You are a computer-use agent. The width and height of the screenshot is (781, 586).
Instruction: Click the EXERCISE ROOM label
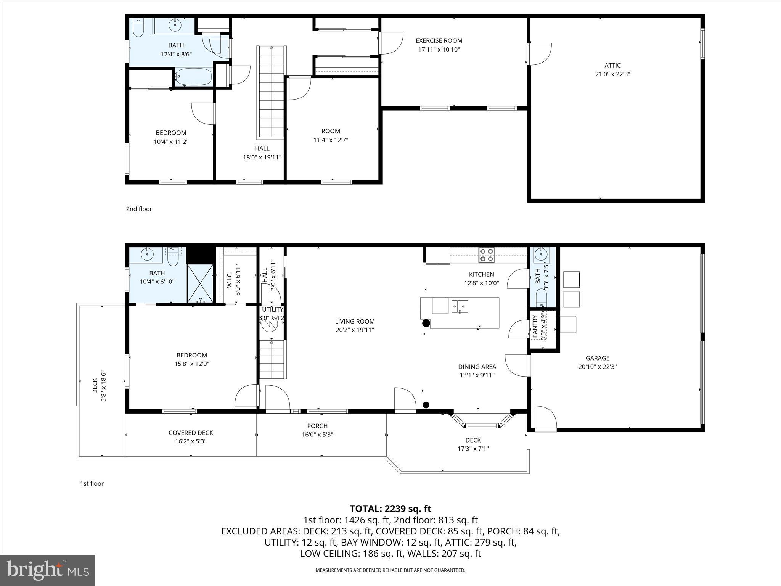point(439,40)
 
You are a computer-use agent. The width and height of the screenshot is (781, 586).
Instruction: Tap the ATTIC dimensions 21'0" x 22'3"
point(612,74)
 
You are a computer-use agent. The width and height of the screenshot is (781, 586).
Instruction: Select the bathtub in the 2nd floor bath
point(194,77)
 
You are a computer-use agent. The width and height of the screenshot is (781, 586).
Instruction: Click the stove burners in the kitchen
point(487,255)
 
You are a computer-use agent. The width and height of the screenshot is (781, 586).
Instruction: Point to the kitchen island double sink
point(460,306)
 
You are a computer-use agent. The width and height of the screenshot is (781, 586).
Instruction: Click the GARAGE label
point(597,358)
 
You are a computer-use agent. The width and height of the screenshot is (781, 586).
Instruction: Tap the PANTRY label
point(535,326)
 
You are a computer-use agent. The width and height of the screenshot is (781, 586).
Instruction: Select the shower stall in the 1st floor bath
point(200,283)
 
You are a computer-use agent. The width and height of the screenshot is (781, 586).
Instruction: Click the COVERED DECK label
point(191,433)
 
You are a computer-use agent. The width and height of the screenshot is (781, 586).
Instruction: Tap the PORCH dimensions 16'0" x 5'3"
point(317,435)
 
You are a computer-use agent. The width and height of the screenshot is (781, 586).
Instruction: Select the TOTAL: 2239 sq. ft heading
point(390,509)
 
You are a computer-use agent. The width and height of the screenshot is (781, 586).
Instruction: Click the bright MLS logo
point(48,570)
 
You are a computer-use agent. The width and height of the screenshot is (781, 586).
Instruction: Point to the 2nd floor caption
point(139,209)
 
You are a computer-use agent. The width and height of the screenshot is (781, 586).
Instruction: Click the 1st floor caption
point(92,483)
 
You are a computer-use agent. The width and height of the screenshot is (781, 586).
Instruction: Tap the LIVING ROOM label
point(355,321)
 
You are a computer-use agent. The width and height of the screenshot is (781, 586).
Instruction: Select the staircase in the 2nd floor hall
point(272,92)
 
